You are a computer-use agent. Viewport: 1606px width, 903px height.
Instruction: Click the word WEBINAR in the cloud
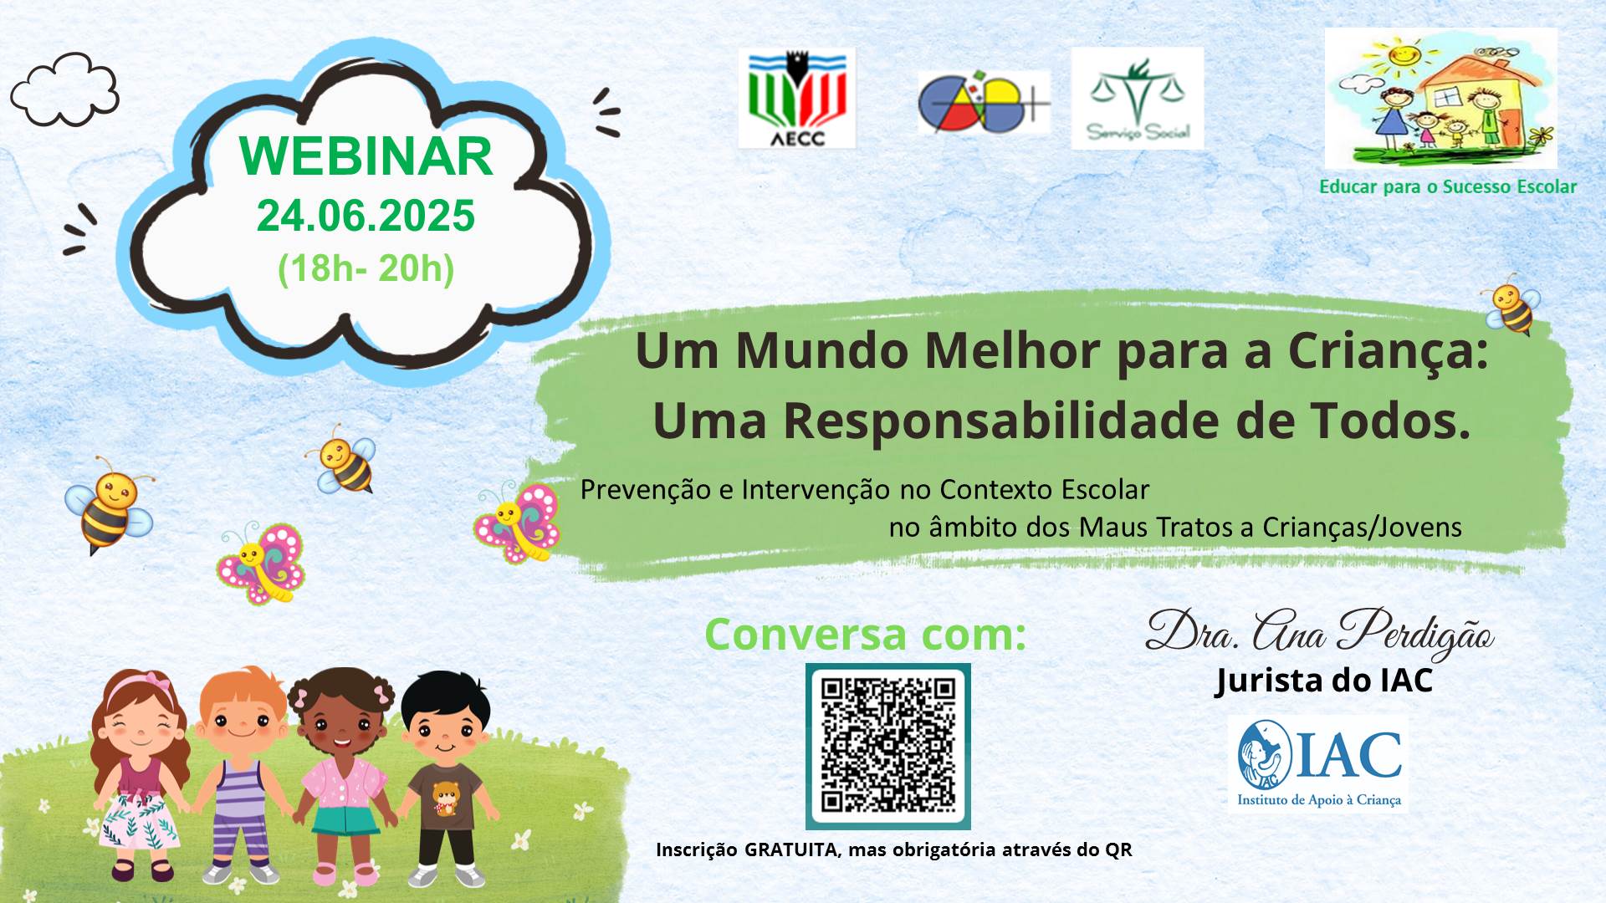point(366,156)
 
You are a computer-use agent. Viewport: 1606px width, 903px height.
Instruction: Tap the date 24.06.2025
point(366,216)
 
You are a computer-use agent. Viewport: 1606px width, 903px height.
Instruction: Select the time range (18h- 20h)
point(366,268)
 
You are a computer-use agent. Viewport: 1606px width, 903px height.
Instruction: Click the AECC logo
point(796,98)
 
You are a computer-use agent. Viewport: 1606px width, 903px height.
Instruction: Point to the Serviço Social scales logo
point(1137,98)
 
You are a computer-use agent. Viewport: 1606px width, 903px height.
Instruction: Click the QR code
point(887,746)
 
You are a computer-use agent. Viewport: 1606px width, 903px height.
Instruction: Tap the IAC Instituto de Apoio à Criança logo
point(1318,763)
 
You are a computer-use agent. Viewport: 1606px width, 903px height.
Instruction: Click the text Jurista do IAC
point(1324,681)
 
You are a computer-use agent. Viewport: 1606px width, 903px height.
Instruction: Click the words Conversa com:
point(865,634)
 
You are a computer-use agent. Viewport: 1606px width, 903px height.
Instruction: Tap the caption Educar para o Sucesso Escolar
point(1448,186)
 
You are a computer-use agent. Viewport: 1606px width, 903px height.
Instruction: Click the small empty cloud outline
point(64,89)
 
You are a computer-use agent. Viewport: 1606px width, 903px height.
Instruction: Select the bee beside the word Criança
point(1511,306)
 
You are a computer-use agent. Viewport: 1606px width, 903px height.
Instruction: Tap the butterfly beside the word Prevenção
point(518,522)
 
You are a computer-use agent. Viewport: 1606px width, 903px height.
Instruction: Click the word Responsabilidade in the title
point(1002,421)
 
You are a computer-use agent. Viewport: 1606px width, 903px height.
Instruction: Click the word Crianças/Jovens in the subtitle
point(1362,528)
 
